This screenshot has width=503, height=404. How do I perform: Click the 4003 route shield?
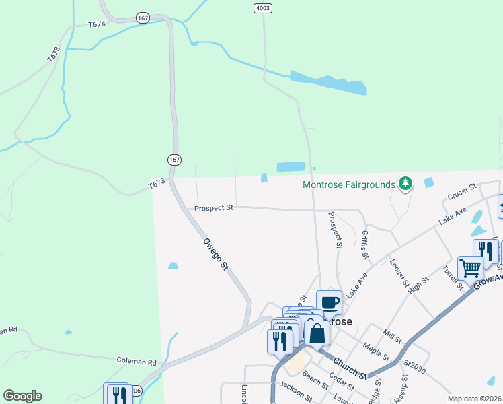coord(263,8)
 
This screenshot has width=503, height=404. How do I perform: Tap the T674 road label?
coord(97,24)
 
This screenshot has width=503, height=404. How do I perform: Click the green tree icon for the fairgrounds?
coord(405,183)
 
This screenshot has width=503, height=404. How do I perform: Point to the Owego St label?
coord(217,254)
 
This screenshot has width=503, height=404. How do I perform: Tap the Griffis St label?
coord(364,244)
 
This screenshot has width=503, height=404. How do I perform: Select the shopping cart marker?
coord(470,267)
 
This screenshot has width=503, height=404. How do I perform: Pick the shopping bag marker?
coord(317,333)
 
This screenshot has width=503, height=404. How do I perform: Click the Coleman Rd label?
coord(137,361)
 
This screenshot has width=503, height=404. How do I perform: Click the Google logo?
coord(22,396)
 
